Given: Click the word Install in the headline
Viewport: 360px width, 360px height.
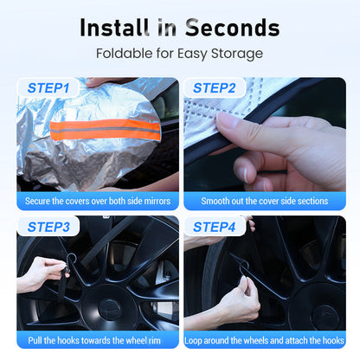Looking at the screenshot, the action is pyautogui.click(x=114, y=28).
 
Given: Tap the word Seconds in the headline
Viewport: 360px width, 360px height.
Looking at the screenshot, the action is pyautogui.click(x=233, y=28).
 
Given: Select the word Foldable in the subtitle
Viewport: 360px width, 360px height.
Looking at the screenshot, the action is pyautogui.click(x=124, y=54).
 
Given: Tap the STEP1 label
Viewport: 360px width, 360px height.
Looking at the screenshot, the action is pyautogui.click(x=48, y=88).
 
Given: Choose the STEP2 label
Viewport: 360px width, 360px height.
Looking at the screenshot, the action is pyautogui.click(x=215, y=88).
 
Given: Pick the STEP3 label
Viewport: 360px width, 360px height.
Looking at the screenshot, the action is pyautogui.click(x=48, y=227).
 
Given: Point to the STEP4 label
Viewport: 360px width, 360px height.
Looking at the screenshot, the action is pyautogui.click(x=215, y=227).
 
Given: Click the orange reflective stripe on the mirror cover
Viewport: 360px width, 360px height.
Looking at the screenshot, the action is pyautogui.click(x=105, y=130).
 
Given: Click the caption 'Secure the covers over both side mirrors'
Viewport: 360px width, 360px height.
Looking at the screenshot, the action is pyautogui.click(x=98, y=201).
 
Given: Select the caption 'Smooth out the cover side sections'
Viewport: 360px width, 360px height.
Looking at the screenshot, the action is pyautogui.click(x=265, y=201).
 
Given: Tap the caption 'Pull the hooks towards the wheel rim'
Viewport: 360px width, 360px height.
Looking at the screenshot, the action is pyautogui.click(x=94, y=340).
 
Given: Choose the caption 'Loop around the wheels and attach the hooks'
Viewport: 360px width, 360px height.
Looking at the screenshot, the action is pyautogui.click(x=264, y=340).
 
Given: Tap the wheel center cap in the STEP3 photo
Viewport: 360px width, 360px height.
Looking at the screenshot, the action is pyautogui.click(x=110, y=310).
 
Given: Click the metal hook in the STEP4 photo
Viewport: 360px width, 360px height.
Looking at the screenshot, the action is pyautogui.click(x=243, y=265).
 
